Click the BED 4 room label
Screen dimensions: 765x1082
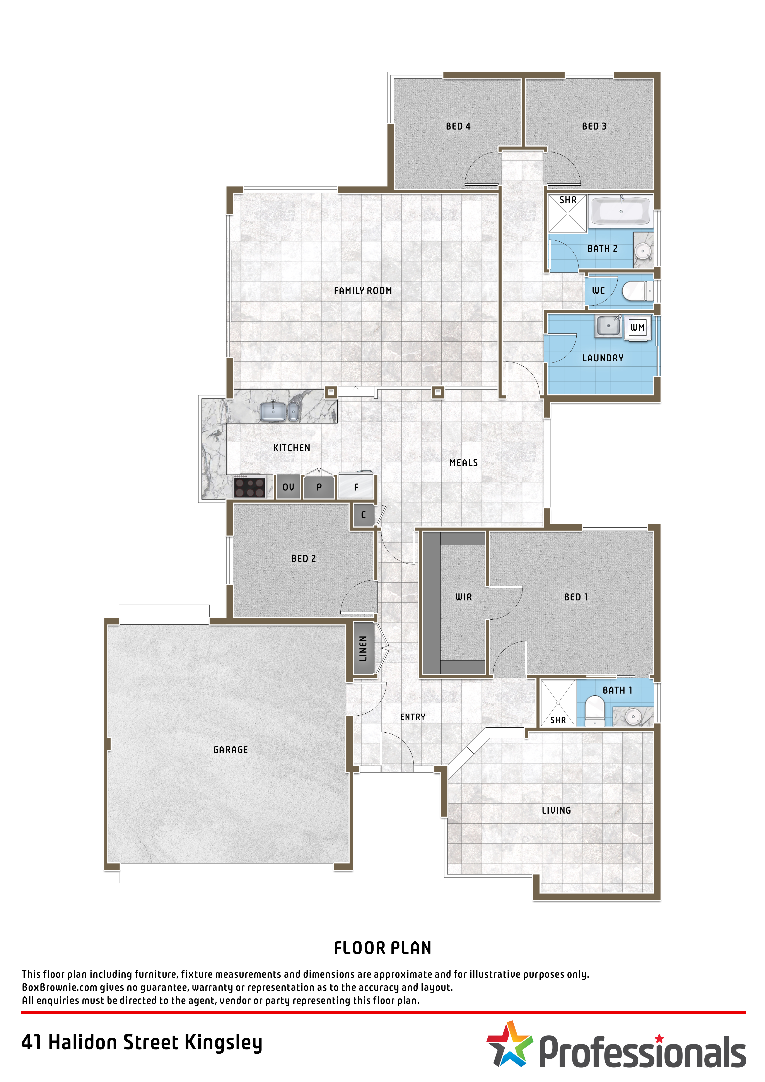click(x=458, y=126)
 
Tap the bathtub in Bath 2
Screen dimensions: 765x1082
click(x=621, y=211)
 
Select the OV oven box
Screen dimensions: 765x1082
click(x=288, y=487)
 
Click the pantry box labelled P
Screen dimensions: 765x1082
click(x=319, y=487)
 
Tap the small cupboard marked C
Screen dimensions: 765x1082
click(x=363, y=515)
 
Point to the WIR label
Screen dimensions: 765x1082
click(x=464, y=597)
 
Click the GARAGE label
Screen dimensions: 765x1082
click(x=230, y=750)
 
